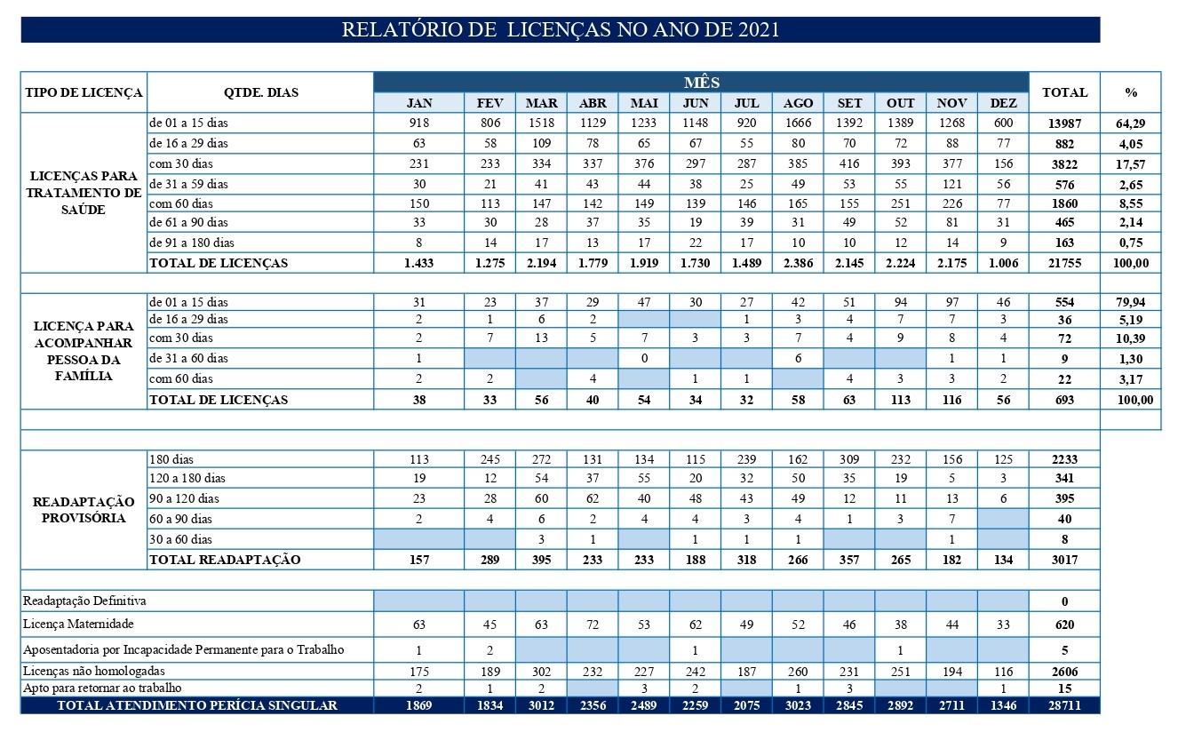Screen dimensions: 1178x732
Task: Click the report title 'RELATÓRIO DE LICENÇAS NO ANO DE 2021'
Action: pos(560,29)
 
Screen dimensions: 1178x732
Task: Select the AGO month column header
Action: pos(798,103)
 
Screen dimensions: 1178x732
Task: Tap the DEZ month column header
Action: pos(1003,103)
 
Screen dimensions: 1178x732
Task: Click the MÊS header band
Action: pos(701,82)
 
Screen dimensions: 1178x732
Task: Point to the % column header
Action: pos(1131,92)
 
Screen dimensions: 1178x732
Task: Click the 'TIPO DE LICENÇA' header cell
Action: pos(84,92)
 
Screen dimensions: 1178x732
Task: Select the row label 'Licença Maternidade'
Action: pos(78,625)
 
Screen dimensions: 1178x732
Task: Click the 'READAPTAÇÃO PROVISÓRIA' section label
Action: pos(84,510)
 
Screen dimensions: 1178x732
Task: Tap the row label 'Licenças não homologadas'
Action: pos(93,671)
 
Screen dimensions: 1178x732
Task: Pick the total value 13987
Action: pos(1064,123)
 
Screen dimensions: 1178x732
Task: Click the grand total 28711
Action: pos(1064,705)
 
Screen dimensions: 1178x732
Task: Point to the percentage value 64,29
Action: pos(1131,123)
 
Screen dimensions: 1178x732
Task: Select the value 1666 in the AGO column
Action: pos(798,123)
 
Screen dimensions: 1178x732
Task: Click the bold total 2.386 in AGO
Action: pos(798,263)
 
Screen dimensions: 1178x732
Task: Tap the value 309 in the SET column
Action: pos(848,459)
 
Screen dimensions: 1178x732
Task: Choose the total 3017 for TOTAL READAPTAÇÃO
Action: pos(1064,560)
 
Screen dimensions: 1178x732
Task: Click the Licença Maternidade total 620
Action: pos(1064,625)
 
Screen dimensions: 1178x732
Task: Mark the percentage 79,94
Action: pos(1131,302)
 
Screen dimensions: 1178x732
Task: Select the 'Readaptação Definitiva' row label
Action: pos(84,601)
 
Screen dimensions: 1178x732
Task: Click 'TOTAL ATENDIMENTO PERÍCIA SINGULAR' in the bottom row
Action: pos(196,705)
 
